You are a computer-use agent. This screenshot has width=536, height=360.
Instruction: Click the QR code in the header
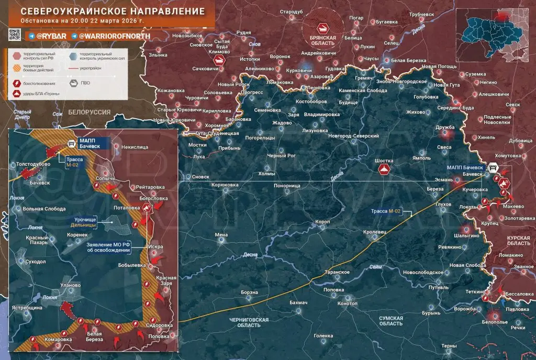[15, 35]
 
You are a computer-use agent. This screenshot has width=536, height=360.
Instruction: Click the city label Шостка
[384, 161]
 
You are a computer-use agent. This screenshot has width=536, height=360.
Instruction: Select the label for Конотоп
[348, 303]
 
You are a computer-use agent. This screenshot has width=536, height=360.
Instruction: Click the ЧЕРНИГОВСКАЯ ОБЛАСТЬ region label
[249, 322]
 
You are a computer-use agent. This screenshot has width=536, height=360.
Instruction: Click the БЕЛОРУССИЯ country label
[89, 113]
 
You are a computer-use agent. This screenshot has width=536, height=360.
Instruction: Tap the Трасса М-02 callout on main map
[386, 211]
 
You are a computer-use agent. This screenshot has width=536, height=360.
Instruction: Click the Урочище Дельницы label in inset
[83, 222]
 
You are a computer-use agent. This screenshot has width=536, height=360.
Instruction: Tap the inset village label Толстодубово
[33, 164]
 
